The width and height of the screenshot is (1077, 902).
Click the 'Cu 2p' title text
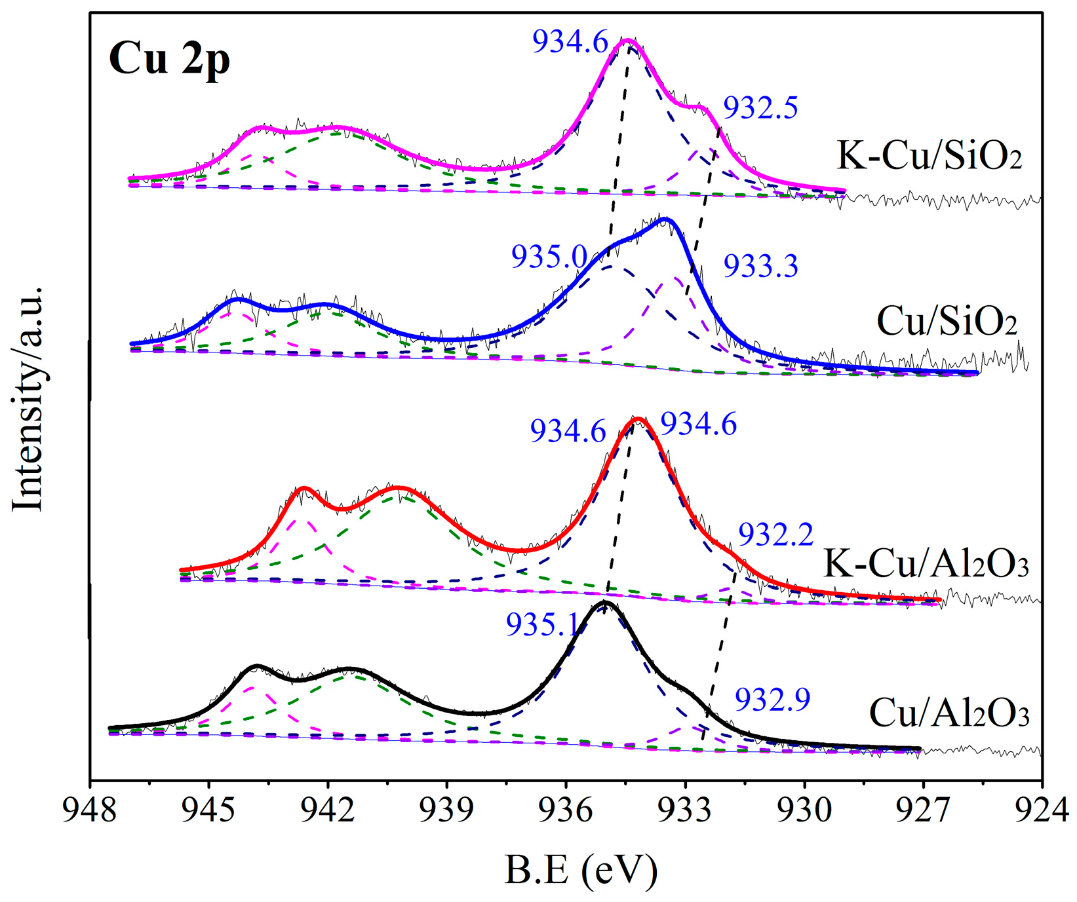pyautogui.click(x=169, y=59)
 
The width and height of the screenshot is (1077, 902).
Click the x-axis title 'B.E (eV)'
pyautogui.click(x=581, y=871)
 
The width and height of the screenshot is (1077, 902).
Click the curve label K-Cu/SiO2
pyautogui.click(x=930, y=157)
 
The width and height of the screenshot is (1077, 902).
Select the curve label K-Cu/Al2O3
pyautogui.click(x=926, y=563)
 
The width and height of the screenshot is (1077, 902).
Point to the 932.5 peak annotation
pyautogui.click(x=760, y=107)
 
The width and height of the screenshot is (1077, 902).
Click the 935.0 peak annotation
pyautogui.click(x=549, y=256)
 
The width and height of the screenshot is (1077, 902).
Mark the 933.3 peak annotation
pyautogui.click(x=760, y=267)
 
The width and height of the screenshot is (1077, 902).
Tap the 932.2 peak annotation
pyautogui.click(x=775, y=535)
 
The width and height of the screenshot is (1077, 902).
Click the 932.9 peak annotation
pyautogui.click(x=772, y=700)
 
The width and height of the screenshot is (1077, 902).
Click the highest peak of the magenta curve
pyautogui.click(x=628, y=41)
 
